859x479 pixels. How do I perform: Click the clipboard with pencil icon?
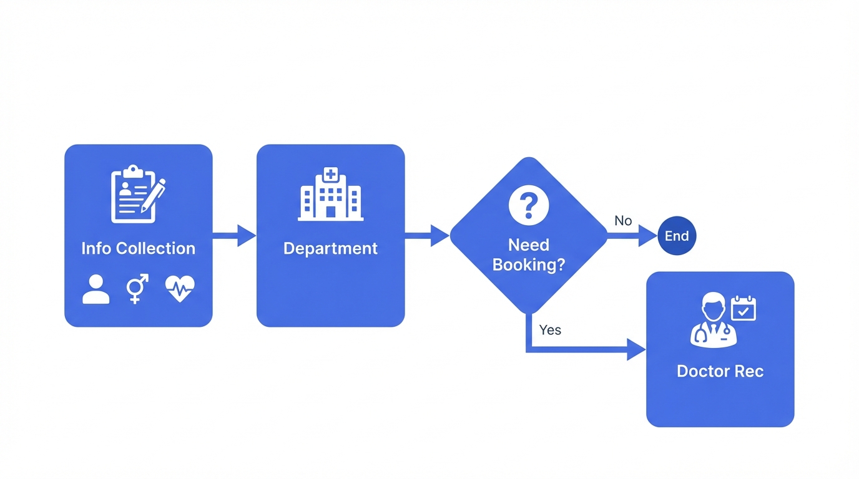(x=137, y=194)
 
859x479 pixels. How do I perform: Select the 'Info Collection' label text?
(x=138, y=248)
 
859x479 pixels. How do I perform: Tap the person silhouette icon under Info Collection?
(x=96, y=289)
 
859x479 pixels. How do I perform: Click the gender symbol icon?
(x=137, y=289)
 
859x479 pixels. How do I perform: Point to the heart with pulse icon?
(x=180, y=289)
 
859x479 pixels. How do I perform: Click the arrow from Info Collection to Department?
(x=235, y=236)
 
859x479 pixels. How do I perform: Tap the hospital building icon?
(x=330, y=194)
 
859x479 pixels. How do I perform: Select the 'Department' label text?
(x=330, y=248)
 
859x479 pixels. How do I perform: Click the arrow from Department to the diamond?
(x=427, y=236)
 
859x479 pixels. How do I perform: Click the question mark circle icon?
(x=528, y=205)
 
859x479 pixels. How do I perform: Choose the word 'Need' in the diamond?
(x=528, y=244)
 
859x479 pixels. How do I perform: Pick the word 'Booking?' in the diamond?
(x=528, y=264)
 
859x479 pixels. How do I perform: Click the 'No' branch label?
(x=623, y=221)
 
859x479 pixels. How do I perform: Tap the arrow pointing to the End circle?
(x=632, y=236)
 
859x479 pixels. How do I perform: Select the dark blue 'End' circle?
(x=677, y=236)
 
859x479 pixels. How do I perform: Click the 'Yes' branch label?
(x=550, y=330)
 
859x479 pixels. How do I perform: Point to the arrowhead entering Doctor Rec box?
(x=636, y=350)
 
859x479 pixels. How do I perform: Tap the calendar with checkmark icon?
(x=744, y=309)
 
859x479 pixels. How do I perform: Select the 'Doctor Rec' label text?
(x=720, y=371)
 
